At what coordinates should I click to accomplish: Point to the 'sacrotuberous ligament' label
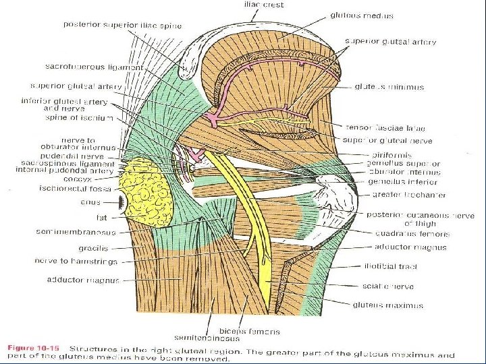point(94,67)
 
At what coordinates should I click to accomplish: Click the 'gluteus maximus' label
point(388,305)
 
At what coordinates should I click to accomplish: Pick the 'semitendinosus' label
point(217,340)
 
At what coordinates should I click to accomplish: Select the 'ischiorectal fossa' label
point(84,189)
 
